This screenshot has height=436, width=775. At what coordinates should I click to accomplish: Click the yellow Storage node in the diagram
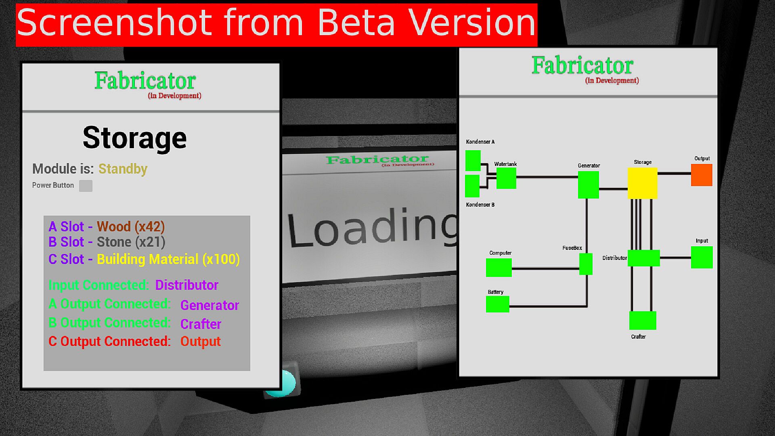tap(642, 183)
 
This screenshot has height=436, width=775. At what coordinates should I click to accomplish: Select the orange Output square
tap(702, 175)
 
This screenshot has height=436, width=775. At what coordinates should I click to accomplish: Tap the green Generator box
tap(589, 184)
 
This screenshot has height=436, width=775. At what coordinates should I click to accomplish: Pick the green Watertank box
tap(506, 178)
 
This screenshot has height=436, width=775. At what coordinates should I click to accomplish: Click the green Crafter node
tap(643, 321)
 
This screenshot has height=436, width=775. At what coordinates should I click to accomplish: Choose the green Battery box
tap(498, 304)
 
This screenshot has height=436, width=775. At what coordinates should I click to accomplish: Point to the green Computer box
tap(499, 268)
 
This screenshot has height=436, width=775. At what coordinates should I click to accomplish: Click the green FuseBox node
tap(586, 264)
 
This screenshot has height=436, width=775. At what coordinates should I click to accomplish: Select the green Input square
tap(702, 258)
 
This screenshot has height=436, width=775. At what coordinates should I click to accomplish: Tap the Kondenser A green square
tap(473, 161)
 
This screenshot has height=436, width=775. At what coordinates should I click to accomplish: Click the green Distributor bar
tap(644, 258)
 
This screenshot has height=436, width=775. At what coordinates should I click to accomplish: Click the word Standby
tap(123, 169)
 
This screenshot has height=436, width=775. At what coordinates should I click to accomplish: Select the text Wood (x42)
tap(131, 227)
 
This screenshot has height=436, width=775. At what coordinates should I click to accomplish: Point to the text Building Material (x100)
tap(168, 259)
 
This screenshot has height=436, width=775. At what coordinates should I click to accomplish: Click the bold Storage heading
tap(135, 138)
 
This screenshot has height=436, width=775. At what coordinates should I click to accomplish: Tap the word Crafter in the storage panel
tap(201, 324)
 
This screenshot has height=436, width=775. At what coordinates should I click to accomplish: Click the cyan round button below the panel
tap(283, 383)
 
